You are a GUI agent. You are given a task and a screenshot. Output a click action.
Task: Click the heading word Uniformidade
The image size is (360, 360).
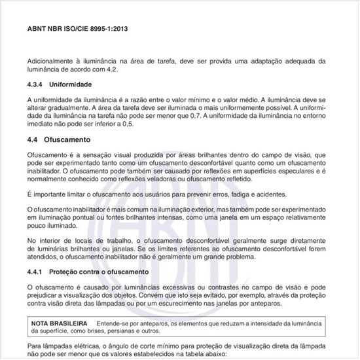coord(73,85)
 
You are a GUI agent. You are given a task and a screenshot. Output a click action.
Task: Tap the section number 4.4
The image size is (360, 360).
coord(33,140)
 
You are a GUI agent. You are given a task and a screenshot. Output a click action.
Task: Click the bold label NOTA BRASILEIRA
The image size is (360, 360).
coord(60,324)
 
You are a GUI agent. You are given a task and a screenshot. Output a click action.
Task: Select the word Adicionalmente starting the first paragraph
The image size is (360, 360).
coord(52,60)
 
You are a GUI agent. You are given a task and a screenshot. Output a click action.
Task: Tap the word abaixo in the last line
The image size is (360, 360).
coord(212,353)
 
